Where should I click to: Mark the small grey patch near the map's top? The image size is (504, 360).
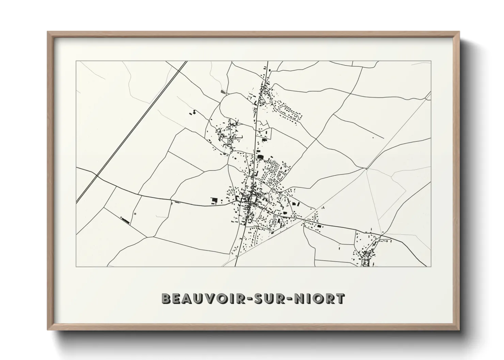(x=223, y=91)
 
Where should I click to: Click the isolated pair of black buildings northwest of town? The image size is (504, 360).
(x=193, y=113)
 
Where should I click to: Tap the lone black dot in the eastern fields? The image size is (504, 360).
(x=373, y=137)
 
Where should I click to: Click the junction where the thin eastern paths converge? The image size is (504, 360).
(x=366, y=168)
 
